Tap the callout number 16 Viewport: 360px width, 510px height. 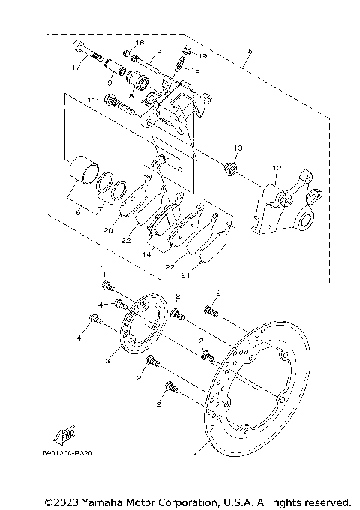pyautogui.click(x=139, y=43)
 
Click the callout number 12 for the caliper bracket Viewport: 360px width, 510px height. pyautogui.click(x=277, y=169)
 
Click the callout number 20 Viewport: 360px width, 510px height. pyautogui.click(x=107, y=231)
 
